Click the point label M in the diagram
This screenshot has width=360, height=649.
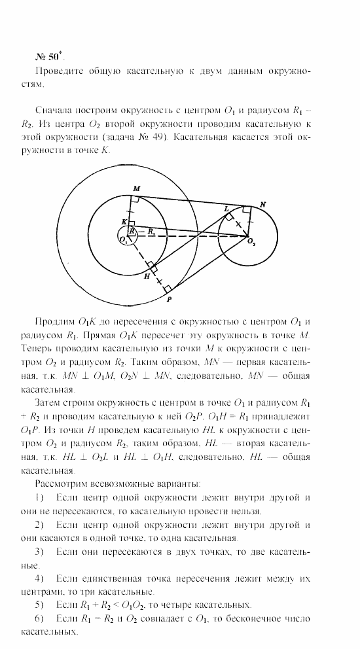click(x=136, y=188)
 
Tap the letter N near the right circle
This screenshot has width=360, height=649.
click(x=263, y=205)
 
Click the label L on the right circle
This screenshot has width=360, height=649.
click(x=226, y=208)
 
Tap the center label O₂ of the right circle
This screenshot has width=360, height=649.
click(x=251, y=243)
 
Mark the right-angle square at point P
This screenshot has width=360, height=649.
click(x=168, y=288)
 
